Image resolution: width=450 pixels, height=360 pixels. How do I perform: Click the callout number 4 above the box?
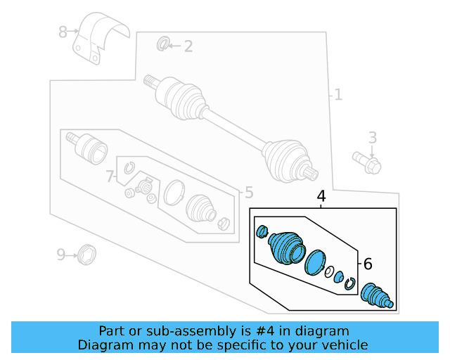coord(321,196)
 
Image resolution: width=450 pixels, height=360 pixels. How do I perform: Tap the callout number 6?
coord(367,264)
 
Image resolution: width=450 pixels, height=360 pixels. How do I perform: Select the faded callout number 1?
coord(338,94)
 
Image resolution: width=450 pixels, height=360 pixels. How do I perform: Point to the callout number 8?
coord(63,32)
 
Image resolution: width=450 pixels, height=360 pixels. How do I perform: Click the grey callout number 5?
coord(248,193)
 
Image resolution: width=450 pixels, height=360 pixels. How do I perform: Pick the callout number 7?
coord(110,177)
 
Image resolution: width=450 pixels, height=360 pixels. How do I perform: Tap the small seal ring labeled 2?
coord(162,45)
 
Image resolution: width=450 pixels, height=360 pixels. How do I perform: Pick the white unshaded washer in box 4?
coord(328,271)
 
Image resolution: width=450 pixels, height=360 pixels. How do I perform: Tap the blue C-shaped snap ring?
coord(349,283)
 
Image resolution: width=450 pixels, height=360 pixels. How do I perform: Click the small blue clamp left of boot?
coord(263,231)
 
